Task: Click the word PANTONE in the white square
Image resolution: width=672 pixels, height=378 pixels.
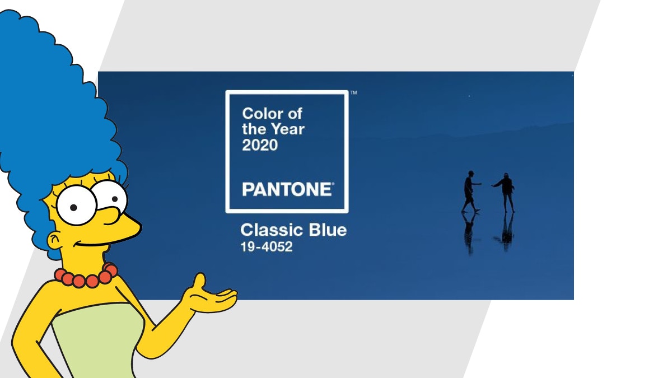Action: click(287, 189)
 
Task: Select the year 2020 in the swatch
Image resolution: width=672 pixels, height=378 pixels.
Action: click(260, 145)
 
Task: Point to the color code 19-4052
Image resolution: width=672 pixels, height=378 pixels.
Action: click(267, 247)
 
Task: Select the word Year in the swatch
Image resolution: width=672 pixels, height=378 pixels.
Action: click(288, 129)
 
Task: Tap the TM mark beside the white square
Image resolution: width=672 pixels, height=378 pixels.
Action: click(354, 93)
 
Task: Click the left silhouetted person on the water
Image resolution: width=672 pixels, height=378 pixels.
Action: click(470, 192)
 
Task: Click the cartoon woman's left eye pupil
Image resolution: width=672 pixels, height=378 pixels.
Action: click(73, 207)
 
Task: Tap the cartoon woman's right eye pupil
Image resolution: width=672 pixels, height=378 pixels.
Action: click(115, 199)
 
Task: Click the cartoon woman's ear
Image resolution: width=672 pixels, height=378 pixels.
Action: click(55, 241)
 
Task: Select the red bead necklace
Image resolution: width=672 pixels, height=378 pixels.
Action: click(86, 276)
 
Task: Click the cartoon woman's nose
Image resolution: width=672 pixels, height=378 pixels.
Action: click(123, 223)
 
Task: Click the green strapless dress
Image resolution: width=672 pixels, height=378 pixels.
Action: click(96, 342)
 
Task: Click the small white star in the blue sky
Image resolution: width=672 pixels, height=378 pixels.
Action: click(469, 96)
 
